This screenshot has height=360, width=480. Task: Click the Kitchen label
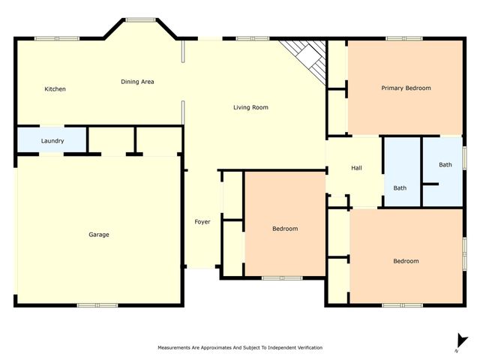pos(55,89)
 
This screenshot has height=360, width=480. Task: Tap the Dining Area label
pos(137,82)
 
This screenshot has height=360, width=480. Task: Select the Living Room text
pos(250,108)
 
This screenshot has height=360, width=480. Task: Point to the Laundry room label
pos(52,141)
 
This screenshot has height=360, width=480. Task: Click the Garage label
pos(99,235)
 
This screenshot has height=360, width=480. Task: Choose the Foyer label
pos(202,222)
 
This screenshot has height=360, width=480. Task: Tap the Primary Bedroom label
pos(406,88)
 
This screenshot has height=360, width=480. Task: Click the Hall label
pos(356,168)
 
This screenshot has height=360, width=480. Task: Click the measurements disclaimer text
pos(240,348)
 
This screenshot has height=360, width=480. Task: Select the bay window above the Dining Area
pos(139,19)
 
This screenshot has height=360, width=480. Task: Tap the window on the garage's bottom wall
pos(97,305)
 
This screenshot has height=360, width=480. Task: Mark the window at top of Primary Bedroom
pos(404,38)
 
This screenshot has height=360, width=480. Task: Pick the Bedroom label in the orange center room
pos(285,229)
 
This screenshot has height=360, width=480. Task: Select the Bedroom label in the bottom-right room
pos(406,261)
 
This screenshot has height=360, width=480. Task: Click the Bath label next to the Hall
pos(400,188)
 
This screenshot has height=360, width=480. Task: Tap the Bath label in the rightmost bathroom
pos(445,165)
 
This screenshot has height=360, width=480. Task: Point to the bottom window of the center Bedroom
pos(282,278)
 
